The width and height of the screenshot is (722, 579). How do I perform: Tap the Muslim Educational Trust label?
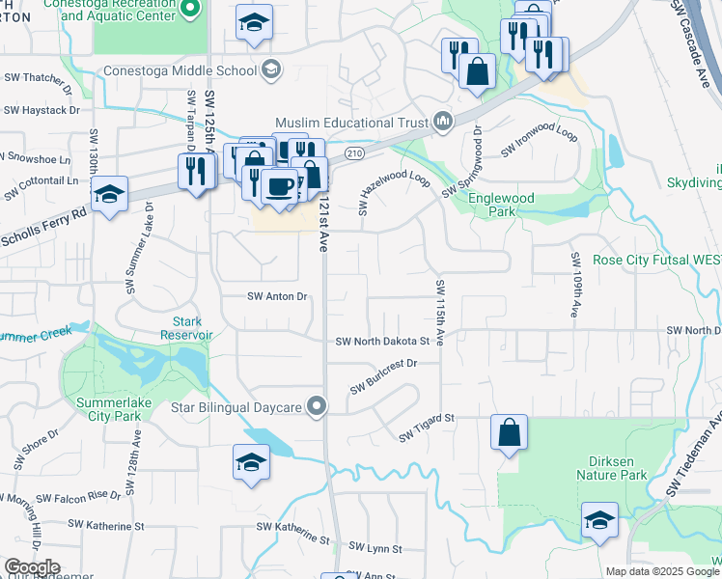[x=353, y=122]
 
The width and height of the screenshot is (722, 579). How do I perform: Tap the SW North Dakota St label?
[x=382, y=341]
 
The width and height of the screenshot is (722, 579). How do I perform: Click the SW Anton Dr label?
[x=277, y=296]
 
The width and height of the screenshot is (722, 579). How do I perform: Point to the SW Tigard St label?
[x=427, y=426]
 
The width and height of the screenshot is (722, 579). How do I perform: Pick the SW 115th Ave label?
[x=440, y=313]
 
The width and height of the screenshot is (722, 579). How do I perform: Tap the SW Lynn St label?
[x=375, y=548]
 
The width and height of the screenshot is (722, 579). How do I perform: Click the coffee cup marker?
[x=280, y=185]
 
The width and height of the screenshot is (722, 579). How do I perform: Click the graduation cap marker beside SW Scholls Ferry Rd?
[x=110, y=193]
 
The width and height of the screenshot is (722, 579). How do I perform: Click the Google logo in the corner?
[x=32, y=567]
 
